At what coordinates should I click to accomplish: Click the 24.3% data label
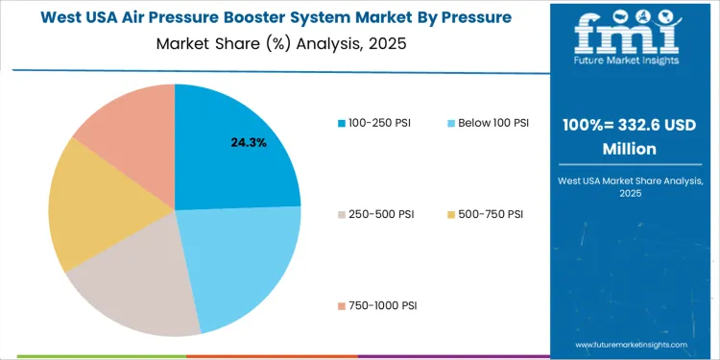pyautogui.click(x=248, y=142)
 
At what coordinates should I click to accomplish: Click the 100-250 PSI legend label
pyautogui.click(x=380, y=123)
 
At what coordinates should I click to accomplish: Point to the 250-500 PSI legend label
pyautogui.click(x=380, y=213)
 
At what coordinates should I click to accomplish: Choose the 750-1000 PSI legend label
pyautogui.click(x=383, y=305)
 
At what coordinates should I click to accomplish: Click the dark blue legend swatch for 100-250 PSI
pyautogui.click(x=342, y=123)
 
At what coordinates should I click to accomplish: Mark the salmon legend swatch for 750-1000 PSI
pyautogui.click(x=342, y=305)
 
